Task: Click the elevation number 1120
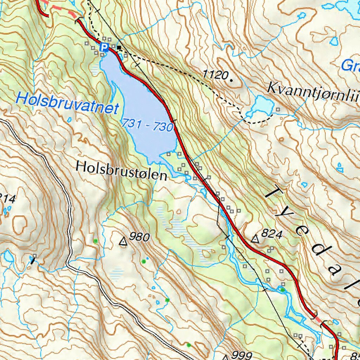pyautogui.click(x=215, y=75)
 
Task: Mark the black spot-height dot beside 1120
pyautogui.click(x=231, y=80)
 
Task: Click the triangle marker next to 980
pyautogui.click(x=123, y=242)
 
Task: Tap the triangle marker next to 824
pyautogui.click(x=256, y=239)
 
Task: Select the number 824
pyautogui.click(x=272, y=234)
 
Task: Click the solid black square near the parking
pyautogui.click(x=119, y=47)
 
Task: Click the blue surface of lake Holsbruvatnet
pyautogui.click(x=144, y=105)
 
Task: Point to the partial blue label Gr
pyautogui.click(x=350, y=65)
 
